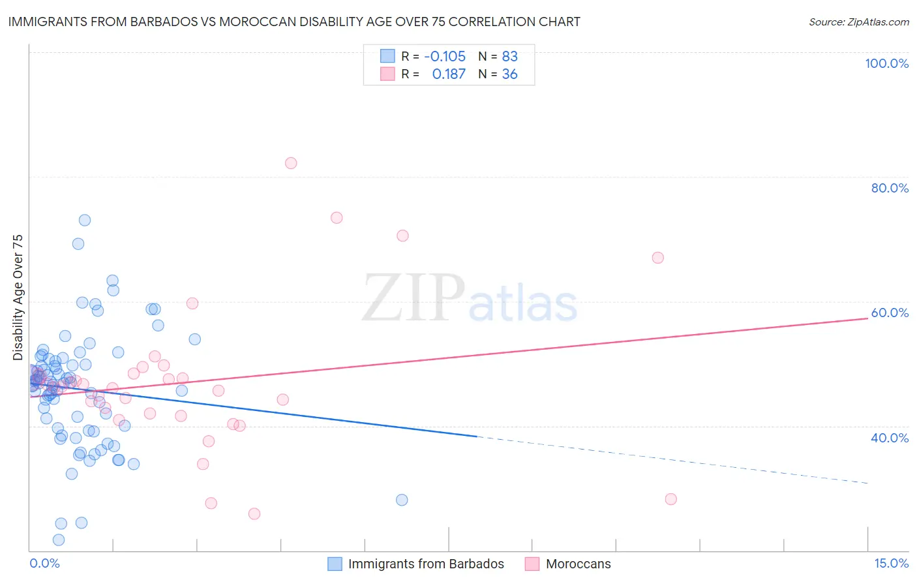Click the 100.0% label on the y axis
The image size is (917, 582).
point(886,63)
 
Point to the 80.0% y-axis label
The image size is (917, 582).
point(890,188)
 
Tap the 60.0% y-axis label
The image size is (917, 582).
point(890,313)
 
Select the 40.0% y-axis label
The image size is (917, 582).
point(890,438)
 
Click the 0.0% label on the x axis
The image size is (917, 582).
point(44,563)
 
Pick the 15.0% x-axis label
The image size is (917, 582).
point(891,563)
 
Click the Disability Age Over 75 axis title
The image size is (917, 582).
point(18,298)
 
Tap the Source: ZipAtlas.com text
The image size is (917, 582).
point(858,22)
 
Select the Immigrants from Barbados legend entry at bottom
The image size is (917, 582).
point(426,564)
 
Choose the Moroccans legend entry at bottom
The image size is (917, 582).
point(578,564)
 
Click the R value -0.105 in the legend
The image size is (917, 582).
point(445,56)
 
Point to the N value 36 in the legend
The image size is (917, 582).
point(509,74)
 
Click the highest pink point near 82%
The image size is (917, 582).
point(291,163)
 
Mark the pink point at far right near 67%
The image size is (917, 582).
point(657,258)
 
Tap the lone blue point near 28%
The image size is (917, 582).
point(402,500)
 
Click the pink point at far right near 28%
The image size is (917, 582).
point(670,499)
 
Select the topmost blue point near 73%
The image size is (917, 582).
point(84,220)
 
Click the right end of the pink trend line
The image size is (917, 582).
point(868,318)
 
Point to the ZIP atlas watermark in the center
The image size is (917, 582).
point(470,298)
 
